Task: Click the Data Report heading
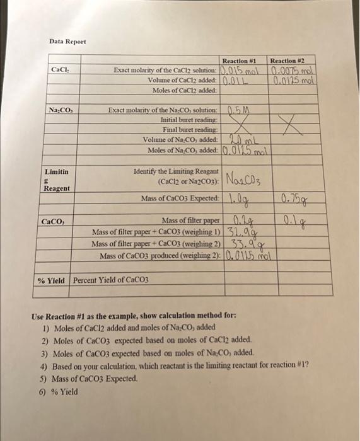[x=67, y=42]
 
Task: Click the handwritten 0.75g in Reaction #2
[x=293, y=200]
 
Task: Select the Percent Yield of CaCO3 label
[x=111, y=280]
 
